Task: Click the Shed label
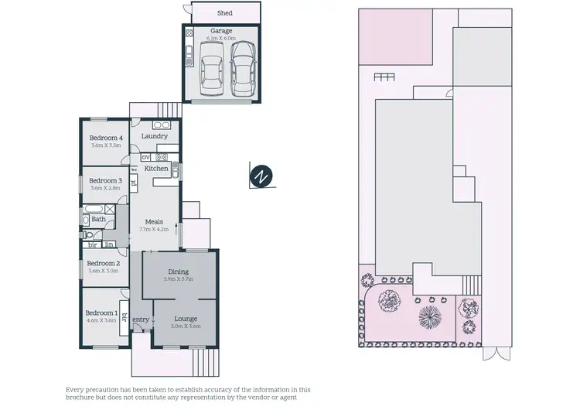click(x=224, y=13)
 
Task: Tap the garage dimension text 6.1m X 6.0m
click(x=221, y=39)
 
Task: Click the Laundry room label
click(x=155, y=136)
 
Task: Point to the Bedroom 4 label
click(x=107, y=138)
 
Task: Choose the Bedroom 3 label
click(x=107, y=180)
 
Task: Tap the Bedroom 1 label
click(x=101, y=313)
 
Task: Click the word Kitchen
click(x=157, y=168)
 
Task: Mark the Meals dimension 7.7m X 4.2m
click(x=154, y=229)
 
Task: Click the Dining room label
click(x=179, y=272)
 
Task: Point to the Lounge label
click(x=186, y=318)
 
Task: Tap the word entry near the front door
click(x=141, y=319)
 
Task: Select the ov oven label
click(x=145, y=157)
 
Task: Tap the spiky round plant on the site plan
click(x=428, y=316)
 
